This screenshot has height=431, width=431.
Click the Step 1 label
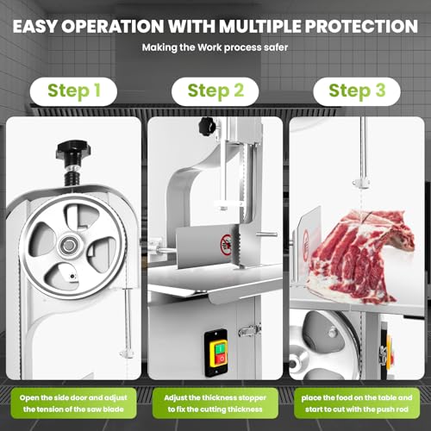coord(73,91)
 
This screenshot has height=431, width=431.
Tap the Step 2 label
coord(215,91)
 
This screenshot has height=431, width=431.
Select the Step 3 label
coord(357,91)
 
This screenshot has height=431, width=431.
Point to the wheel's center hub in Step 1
coord(68,246)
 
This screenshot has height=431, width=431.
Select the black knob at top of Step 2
coord(208,127)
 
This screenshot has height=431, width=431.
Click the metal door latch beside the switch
coord(249,330)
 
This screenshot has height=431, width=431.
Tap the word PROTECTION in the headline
coord(361,27)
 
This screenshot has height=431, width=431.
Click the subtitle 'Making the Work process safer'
coord(215,47)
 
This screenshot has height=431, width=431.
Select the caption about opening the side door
coord(73,403)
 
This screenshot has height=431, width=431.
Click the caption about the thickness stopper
coord(215,403)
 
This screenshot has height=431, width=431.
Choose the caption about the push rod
coord(357,403)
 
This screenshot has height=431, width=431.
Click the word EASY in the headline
coord(35,27)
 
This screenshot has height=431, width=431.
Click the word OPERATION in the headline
coord(113,27)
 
